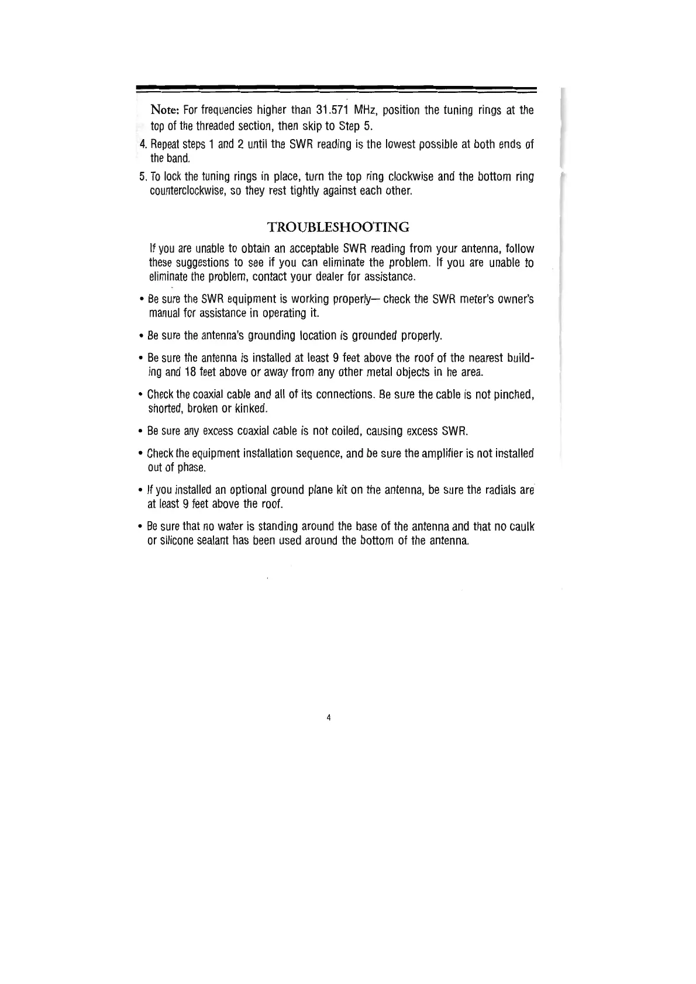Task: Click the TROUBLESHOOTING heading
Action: point(337,227)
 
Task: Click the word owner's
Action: point(515,300)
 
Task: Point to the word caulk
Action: point(521,527)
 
